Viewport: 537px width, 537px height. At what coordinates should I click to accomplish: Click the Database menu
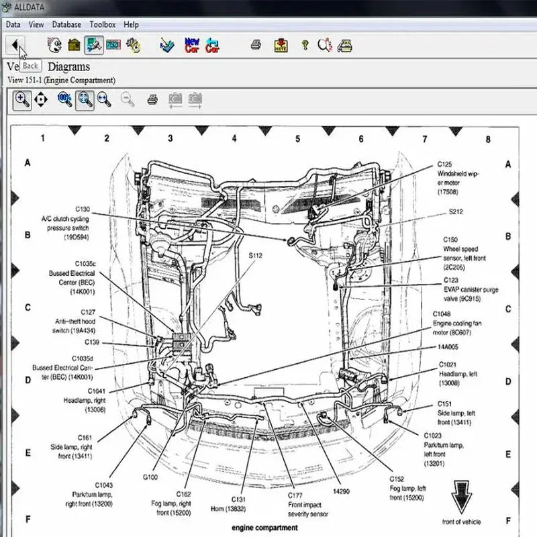pos(66,24)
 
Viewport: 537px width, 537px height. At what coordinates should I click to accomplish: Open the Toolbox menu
pos(103,24)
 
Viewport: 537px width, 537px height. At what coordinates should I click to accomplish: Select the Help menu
pos(132,24)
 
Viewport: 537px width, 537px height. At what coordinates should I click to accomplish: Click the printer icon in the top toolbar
pos(256,45)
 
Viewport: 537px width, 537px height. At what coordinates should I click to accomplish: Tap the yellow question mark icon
pos(304,45)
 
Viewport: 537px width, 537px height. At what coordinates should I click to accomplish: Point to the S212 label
pos(456,211)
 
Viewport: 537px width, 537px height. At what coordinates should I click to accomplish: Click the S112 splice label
pos(255,256)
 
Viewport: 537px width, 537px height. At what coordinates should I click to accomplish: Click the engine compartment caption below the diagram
pos(264,528)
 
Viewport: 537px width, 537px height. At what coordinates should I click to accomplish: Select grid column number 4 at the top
pos(234,139)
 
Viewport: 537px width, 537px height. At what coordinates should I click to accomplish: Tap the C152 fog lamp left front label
pos(407,488)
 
